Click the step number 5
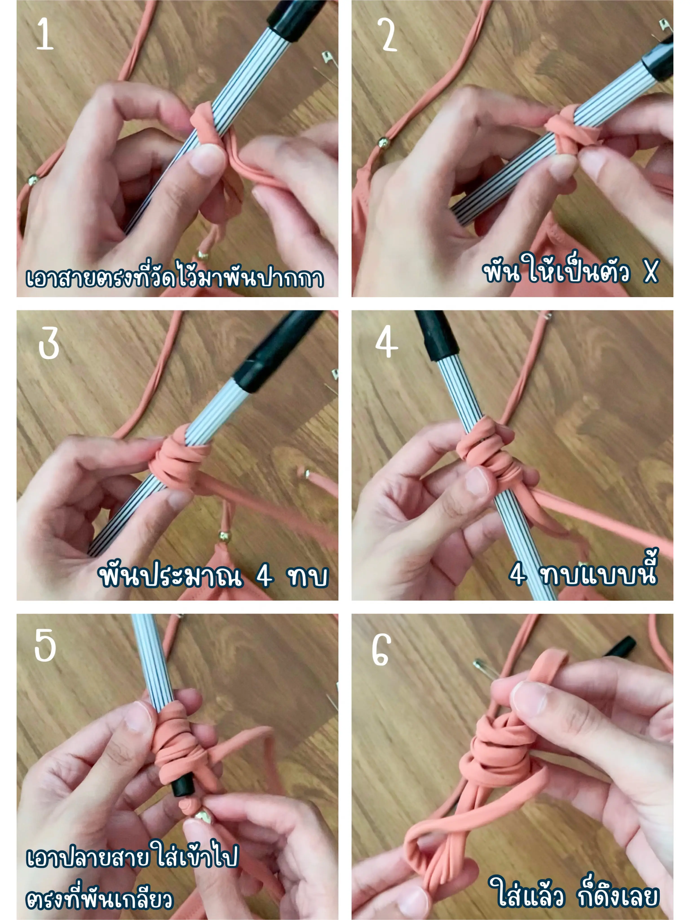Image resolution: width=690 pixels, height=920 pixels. [45, 645]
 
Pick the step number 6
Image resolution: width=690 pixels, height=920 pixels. [381, 650]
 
